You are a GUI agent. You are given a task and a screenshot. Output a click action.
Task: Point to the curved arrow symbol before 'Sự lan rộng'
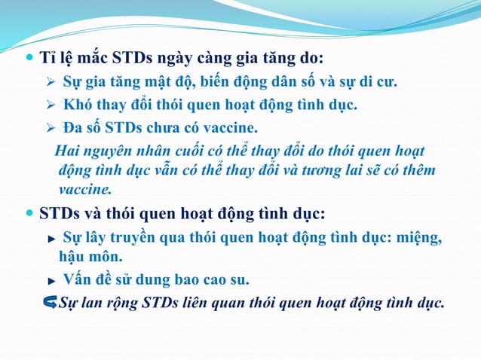pos(51,303)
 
